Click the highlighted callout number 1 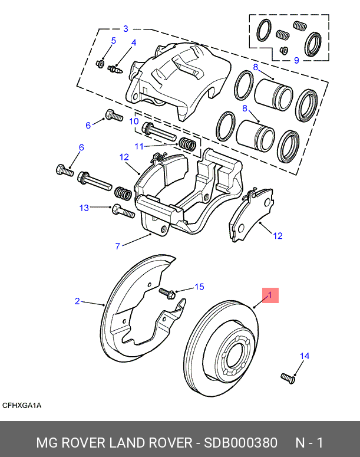point(270,295)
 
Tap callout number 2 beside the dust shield point(77,301)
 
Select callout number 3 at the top point(125,28)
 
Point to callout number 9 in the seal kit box point(296,60)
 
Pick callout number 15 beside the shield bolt point(199,287)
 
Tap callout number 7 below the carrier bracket point(118,246)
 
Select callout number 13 point(84,208)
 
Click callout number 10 point(134,121)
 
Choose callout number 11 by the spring point(138,146)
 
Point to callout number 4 point(134,43)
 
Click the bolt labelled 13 point(123,210)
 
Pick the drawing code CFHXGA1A point(22,406)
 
